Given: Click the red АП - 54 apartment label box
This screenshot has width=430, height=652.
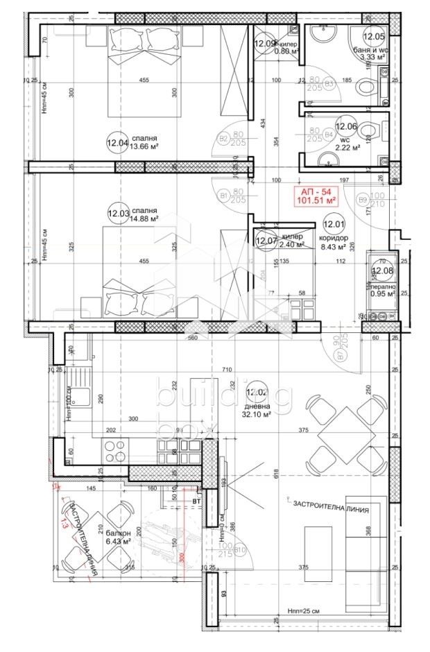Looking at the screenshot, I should [318, 196].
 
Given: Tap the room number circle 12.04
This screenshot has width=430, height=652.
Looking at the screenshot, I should [117, 144].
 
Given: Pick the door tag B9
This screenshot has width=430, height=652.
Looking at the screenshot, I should [363, 200].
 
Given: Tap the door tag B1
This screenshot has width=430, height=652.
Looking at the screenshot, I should [224, 195].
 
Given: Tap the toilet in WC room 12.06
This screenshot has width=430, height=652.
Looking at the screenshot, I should [375, 130].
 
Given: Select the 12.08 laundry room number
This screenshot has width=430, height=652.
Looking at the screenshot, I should [382, 271].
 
